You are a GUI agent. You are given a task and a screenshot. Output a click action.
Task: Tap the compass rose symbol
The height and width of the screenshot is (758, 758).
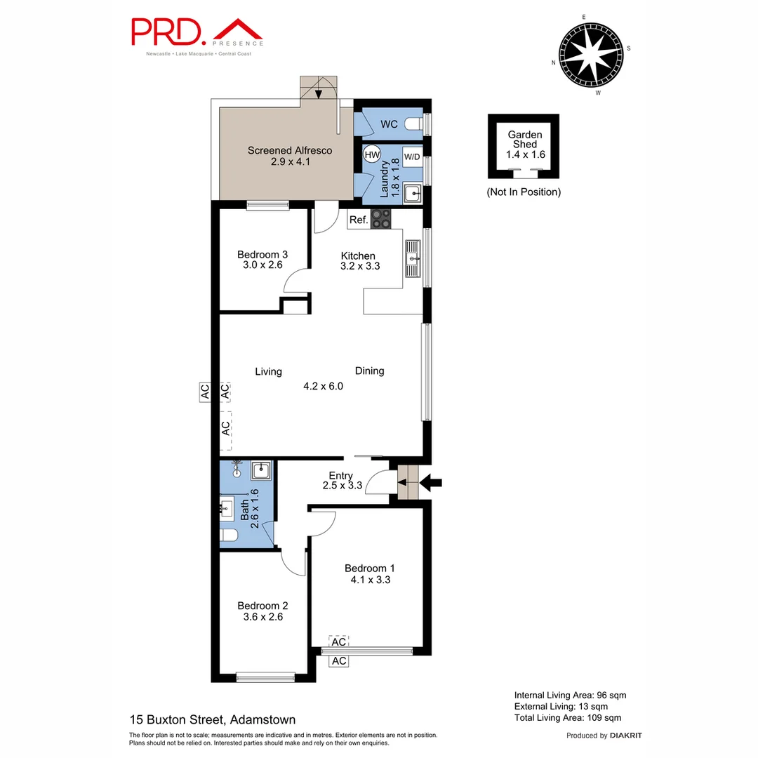[590, 53]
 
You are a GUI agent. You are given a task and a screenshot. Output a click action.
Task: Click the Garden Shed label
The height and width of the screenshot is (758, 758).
[525, 138]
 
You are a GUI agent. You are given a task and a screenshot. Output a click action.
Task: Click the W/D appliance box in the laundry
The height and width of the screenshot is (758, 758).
[411, 157]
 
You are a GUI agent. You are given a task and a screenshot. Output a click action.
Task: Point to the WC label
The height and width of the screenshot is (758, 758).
[389, 124]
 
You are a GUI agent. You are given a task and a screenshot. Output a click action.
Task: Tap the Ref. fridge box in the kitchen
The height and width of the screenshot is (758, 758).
[359, 220]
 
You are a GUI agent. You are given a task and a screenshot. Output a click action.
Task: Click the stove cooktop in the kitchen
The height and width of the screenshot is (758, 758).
[381, 219]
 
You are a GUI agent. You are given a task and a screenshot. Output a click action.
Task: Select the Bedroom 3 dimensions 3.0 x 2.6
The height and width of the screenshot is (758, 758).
[262, 265]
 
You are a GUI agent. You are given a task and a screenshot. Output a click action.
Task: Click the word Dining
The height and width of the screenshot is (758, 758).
[369, 371]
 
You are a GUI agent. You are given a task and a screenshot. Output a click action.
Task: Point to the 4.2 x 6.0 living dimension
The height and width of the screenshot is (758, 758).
[323, 386]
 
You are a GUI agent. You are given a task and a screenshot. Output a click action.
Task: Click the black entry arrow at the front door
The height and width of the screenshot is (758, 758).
[431, 482]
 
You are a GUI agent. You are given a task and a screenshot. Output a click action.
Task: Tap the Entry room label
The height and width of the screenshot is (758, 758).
[341, 476]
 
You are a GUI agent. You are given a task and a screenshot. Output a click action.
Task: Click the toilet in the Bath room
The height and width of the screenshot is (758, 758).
[230, 537]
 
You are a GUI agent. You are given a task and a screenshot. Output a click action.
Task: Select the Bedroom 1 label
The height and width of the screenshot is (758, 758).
[370, 568]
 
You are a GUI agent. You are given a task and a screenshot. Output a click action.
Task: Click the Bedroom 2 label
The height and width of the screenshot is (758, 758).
[262, 606]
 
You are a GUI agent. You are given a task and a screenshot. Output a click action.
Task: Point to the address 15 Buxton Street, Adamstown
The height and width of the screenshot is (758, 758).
[213, 719]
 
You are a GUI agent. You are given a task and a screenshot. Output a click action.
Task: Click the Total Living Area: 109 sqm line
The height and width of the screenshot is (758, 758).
[567, 717]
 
